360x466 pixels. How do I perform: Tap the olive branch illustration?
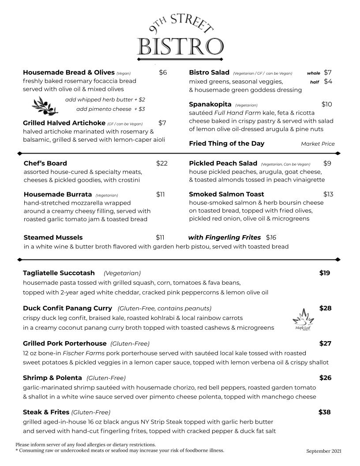click(x=45, y=105)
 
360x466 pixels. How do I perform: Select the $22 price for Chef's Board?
click(x=162, y=163)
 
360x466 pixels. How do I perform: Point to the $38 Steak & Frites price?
click(x=324, y=412)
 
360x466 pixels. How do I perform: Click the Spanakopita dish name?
click(x=210, y=105)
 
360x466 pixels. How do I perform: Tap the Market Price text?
click(x=318, y=144)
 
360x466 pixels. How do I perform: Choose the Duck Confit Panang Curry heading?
click(x=68, y=308)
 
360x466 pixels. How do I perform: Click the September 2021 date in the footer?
click(x=324, y=451)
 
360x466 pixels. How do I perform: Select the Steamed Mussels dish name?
click(x=53, y=237)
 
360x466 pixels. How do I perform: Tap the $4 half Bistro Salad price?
click(x=328, y=82)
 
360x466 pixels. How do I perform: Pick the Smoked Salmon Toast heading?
click(x=226, y=194)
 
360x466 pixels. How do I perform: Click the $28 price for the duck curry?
click(x=325, y=308)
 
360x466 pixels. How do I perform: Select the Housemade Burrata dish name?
click(x=58, y=194)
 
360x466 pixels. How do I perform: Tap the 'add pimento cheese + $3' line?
click(x=110, y=109)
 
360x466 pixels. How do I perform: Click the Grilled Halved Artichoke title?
click(x=64, y=123)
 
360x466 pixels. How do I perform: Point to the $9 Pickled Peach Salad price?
click(x=327, y=163)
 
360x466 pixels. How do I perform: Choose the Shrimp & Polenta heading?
click(x=52, y=378)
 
